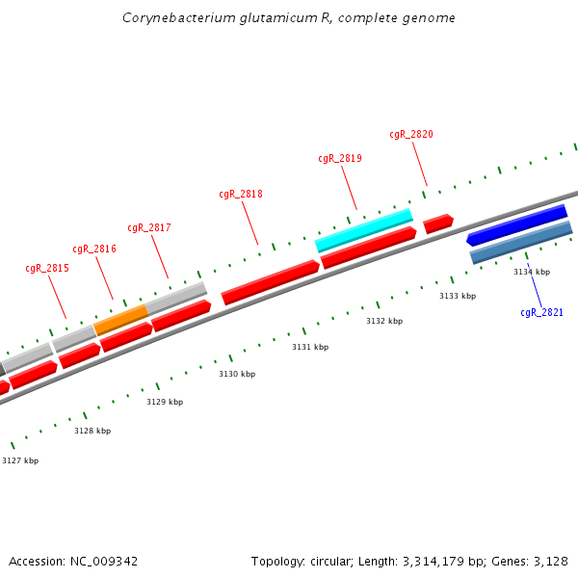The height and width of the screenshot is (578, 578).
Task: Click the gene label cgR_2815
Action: click(x=47, y=269)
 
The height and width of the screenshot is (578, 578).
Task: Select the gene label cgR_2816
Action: click(x=94, y=250)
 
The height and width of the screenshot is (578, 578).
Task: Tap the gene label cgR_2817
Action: click(x=149, y=228)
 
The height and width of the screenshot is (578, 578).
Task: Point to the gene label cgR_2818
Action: click(x=241, y=195)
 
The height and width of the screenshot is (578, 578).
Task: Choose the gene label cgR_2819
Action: click(x=340, y=159)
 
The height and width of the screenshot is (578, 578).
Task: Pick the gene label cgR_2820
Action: click(x=411, y=135)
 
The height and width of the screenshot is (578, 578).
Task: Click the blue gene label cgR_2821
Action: click(x=541, y=313)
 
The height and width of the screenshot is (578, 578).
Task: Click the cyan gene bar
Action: click(x=364, y=229)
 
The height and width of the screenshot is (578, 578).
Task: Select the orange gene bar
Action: click(x=120, y=319)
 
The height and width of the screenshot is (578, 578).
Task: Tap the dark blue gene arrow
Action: click(x=516, y=224)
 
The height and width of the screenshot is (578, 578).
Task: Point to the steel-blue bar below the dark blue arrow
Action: click(x=521, y=243)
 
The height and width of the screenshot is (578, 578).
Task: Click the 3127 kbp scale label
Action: click(x=20, y=461)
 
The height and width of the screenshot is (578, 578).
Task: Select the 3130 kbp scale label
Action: click(x=237, y=374)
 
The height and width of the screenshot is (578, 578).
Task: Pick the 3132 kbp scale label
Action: click(x=384, y=321)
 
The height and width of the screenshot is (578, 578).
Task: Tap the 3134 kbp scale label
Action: click(x=532, y=273)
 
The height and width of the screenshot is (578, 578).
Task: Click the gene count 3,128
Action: click(x=550, y=561)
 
